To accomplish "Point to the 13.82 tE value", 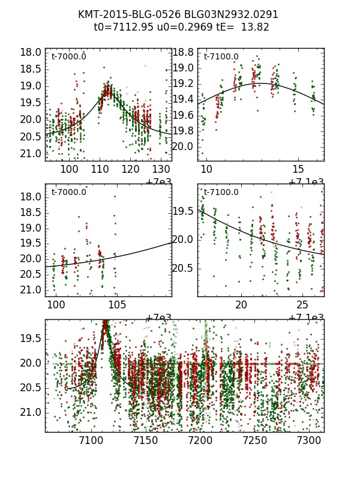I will tap(254, 27).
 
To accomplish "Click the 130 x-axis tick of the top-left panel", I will tap(161, 169).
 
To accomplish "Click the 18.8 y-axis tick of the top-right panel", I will tap(182, 52).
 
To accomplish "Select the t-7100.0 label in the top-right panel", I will tap(221, 57).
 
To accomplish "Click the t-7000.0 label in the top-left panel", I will tap(68, 57).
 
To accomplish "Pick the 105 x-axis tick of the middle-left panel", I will tap(116, 305).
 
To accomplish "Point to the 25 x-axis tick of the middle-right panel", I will tap(303, 305).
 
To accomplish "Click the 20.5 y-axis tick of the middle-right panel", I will tap(182, 268).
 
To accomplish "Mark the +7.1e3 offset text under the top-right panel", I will tap(306, 182).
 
